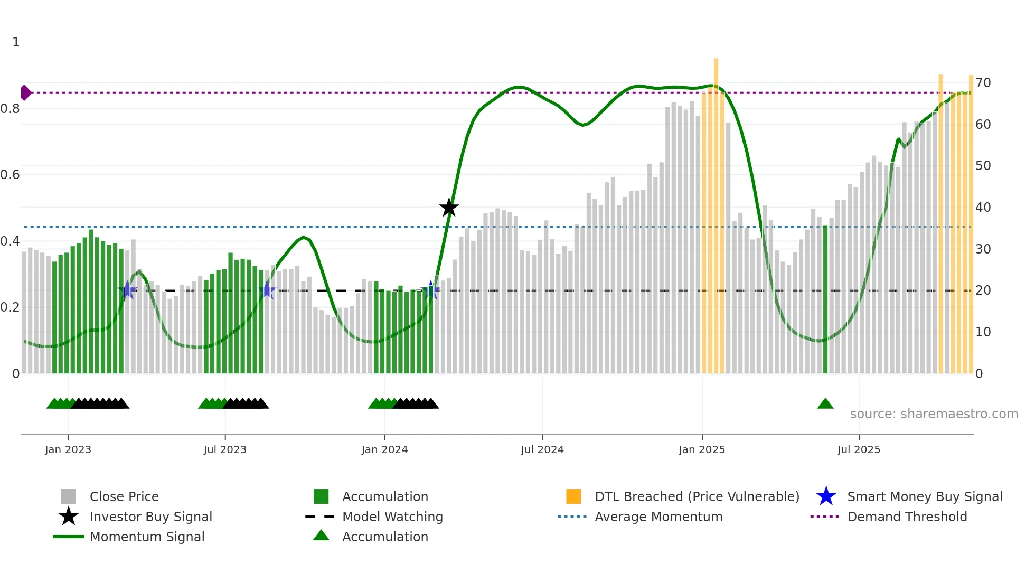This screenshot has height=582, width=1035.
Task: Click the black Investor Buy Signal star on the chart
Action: (x=449, y=208)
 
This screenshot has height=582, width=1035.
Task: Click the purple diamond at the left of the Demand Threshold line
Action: (x=25, y=93)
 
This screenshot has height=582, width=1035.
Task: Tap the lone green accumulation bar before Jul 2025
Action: (x=825, y=299)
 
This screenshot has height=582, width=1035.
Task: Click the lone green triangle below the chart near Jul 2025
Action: (x=825, y=404)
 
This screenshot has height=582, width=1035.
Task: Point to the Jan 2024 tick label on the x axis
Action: (x=384, y=450)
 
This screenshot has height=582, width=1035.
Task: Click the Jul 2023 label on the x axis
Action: (x=225, y=450)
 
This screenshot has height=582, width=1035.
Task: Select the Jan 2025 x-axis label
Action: (x=702, y=450)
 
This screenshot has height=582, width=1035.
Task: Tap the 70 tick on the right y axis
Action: (x=983, y=83)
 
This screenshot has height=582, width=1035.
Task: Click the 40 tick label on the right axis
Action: (x=983, y=208)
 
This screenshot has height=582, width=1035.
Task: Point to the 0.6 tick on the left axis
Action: (x=10, y=175)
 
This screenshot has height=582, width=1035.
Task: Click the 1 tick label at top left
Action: (x=16, y=42)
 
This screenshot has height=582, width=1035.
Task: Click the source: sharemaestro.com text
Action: (x=934, y=414)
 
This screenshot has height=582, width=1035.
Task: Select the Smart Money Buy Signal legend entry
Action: (x=924, y=497)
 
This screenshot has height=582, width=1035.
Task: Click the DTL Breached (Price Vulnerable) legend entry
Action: (x=697, y=497)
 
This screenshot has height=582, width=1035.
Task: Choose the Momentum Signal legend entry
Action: (x=147, y=537)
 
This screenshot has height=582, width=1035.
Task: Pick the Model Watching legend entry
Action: (x=392, y=517)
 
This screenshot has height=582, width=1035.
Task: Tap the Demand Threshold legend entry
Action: (x=907, y=517)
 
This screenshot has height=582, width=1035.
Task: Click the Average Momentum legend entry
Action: (x=658, y=517)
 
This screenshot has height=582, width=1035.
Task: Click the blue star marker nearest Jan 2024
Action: (x=431, y=290)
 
